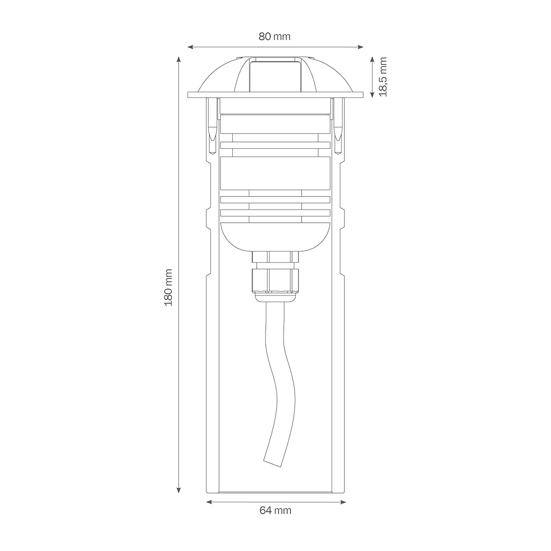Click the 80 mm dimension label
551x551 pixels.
[275, 37]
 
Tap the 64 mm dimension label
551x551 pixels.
[275, 511]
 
